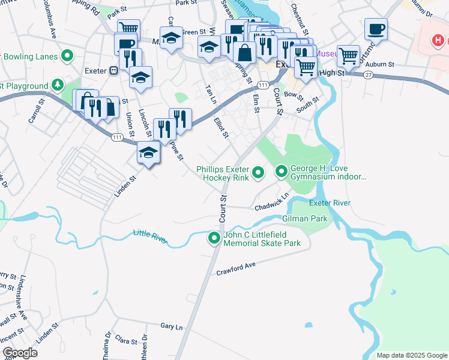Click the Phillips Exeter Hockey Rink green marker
pyautogui.click(x=258, y=173)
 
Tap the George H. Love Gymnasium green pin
pyautogui.click(x=282, y=173)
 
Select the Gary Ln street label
pyautogui.click(x=171, y=326)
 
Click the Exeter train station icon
pyautogui.click(x=113, y=71)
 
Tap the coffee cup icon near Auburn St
pyautogui.click(x=376, y=29)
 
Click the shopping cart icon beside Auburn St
pyautogui.click(x=348, y=56)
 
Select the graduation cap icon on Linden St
pyautogui.click(x=148, y=152)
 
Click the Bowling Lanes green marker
pyautogui.click(x=67, y=57)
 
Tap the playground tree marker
pyautogui.click(x=58, y=86)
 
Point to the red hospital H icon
pyautogui.click(x=439, y=41)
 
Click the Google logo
pyautogui.click(x=20, y=353)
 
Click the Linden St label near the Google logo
pyautogui.click(x=46, y=332)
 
